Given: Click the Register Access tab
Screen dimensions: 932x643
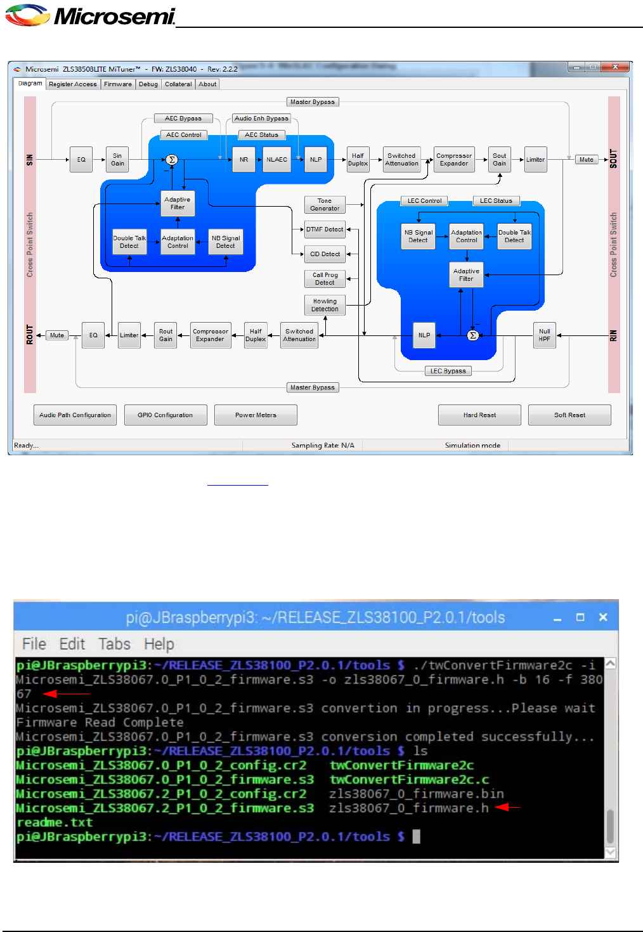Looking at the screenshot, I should (x=73, y=84).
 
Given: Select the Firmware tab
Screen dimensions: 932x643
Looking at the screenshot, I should (x=118, y=84).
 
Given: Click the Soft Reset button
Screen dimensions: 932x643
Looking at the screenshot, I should (x=569, y=415).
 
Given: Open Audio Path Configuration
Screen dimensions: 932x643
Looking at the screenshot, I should (x=75, y=415).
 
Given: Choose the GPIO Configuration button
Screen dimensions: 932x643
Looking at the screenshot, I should (x=166, y=415).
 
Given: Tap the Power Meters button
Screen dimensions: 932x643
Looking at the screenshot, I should (x=256, y=415).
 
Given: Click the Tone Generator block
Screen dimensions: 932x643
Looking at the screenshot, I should (x=325, y=205).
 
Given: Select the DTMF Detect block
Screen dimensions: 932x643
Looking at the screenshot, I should (x=325, y=230).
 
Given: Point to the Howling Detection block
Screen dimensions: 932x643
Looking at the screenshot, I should (x=325, y=306).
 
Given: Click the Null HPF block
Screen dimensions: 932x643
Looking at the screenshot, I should (x=545, y=335).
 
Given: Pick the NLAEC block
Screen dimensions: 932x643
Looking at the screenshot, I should (x=276, y=160).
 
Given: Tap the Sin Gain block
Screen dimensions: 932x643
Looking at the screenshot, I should (x=117, y=160).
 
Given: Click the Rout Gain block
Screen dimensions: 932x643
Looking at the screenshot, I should (x=166, y=335).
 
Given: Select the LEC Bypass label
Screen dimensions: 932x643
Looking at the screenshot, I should (x=448, y=371).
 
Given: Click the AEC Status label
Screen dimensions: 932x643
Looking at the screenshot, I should (x=261, y=135).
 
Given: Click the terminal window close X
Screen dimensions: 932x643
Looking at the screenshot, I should (x=603, y=617).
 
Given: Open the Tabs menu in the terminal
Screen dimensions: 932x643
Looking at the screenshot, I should (x=114, y=644).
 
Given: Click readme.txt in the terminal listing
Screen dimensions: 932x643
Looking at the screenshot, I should (x=55, y=822).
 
